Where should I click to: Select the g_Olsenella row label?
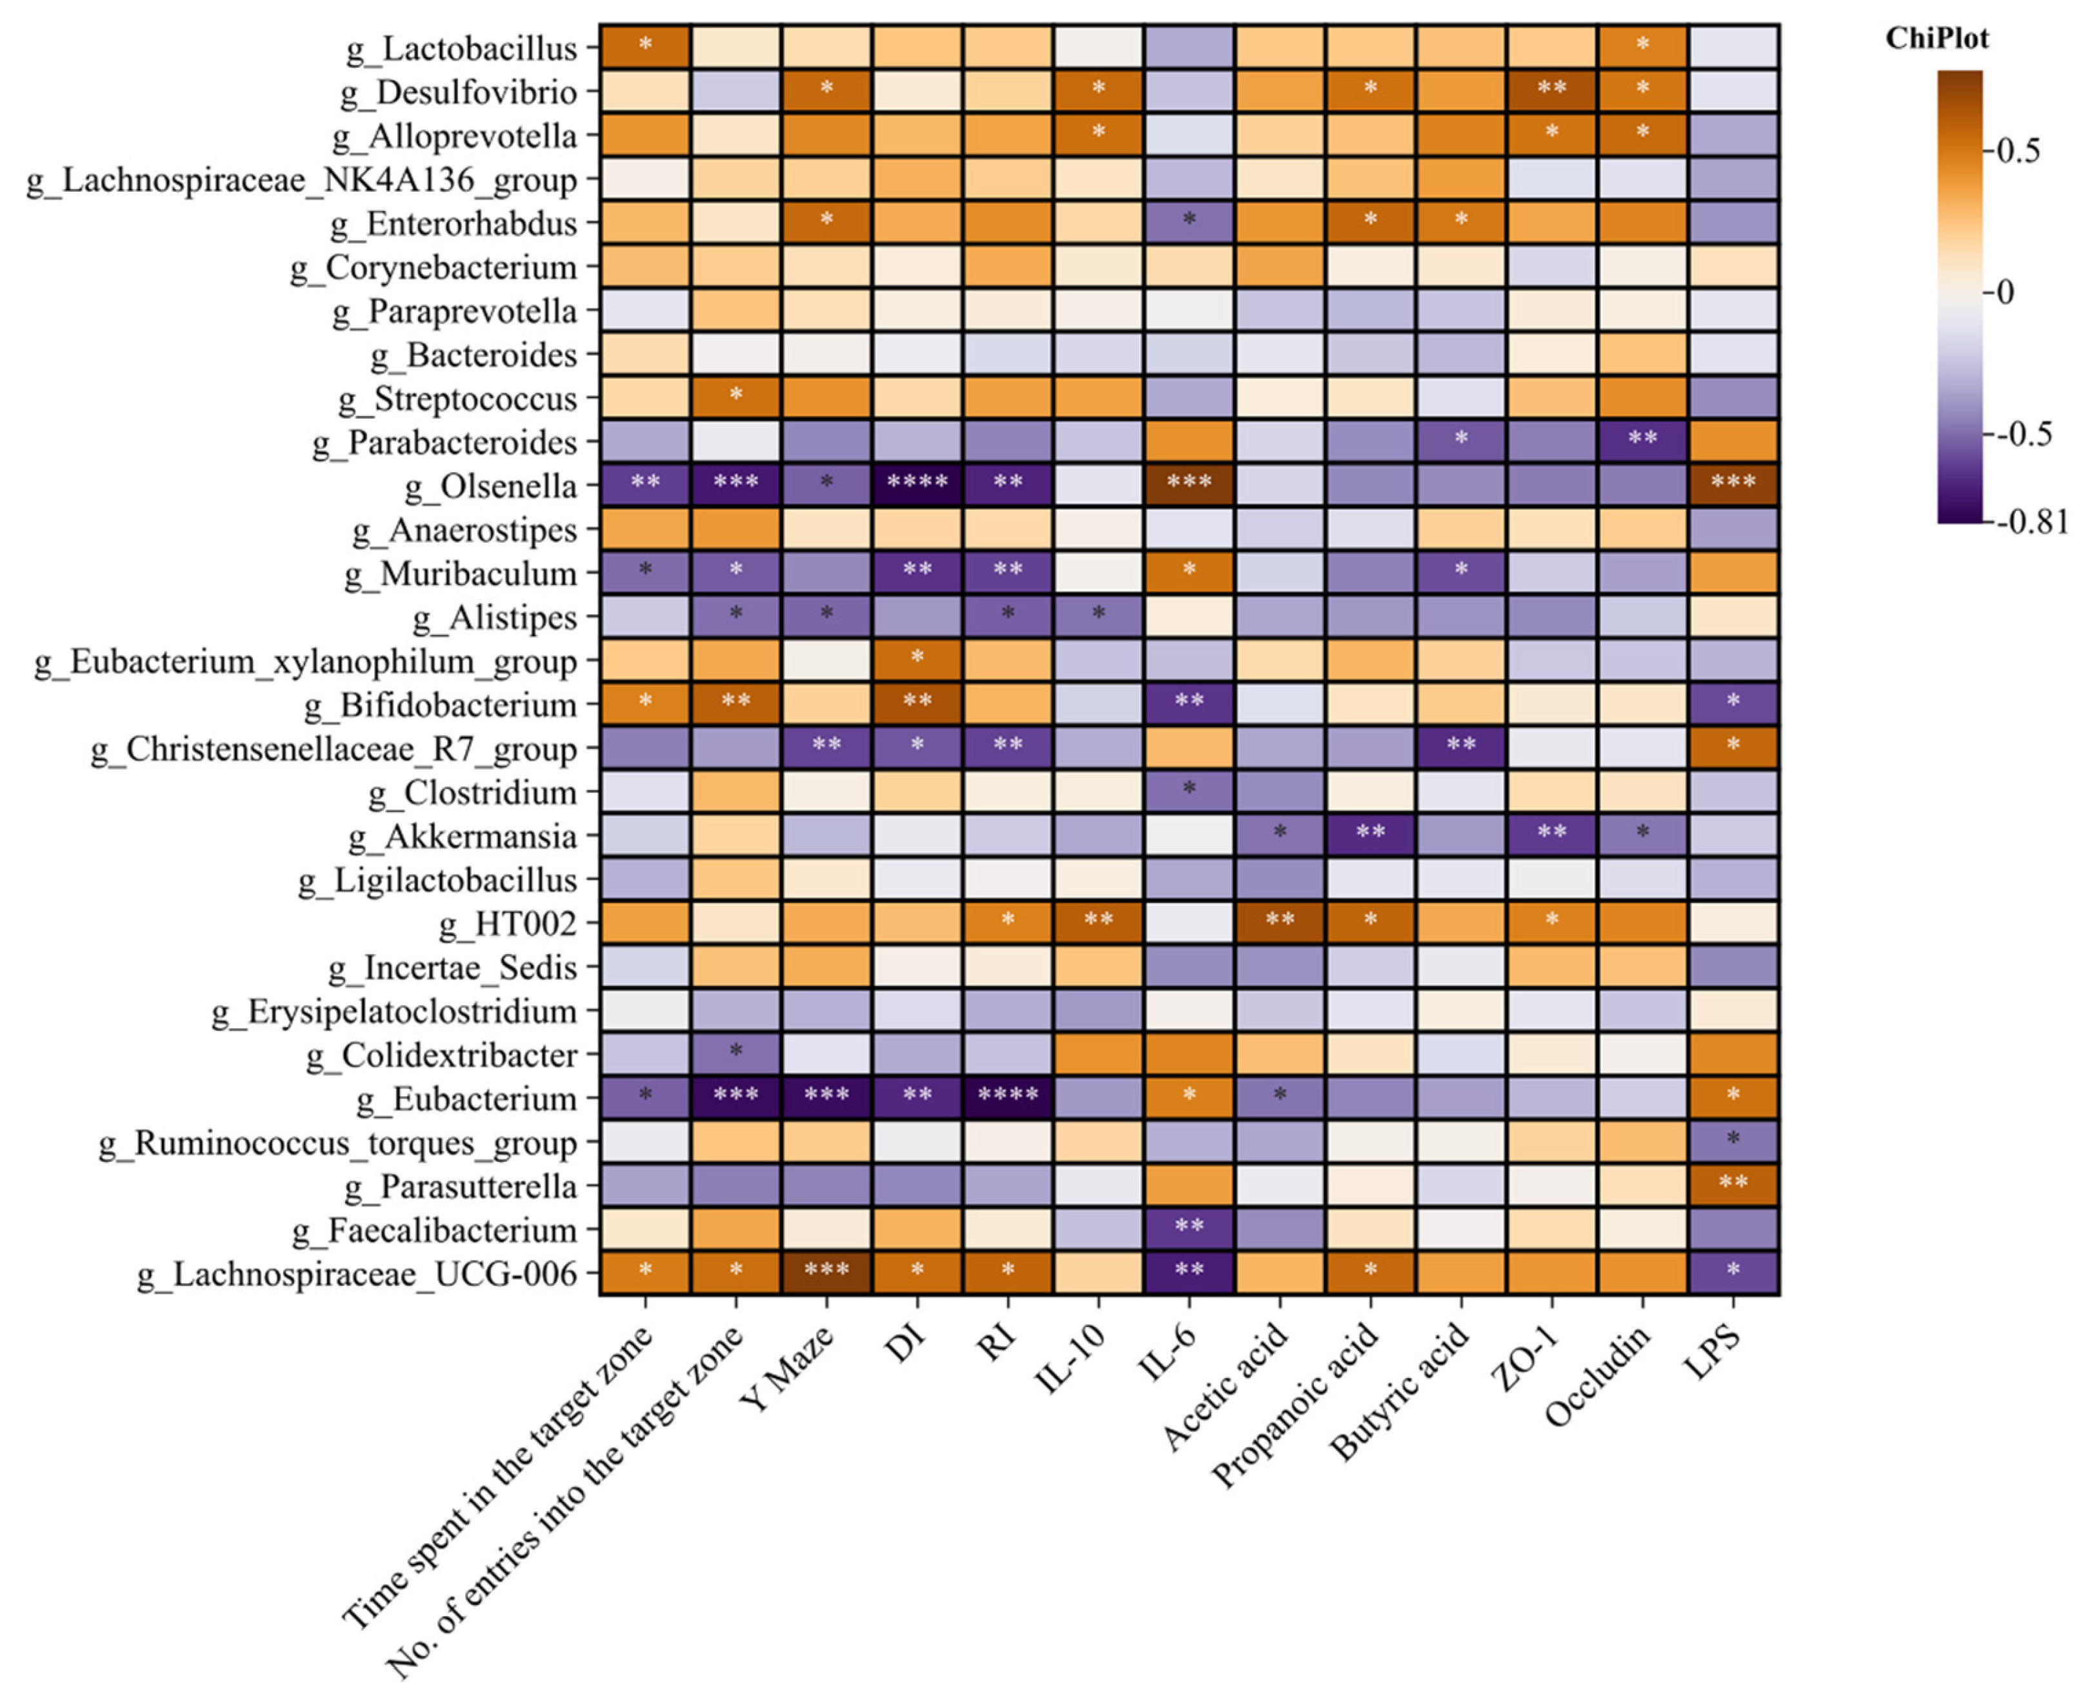(491, 486)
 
